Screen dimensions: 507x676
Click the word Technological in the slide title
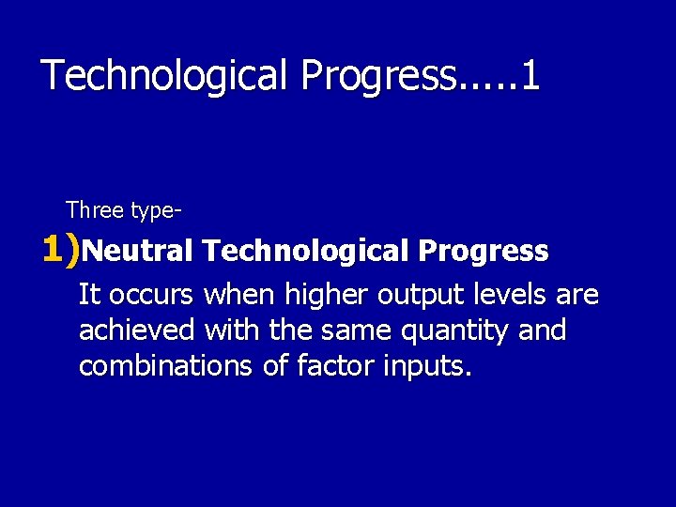165,76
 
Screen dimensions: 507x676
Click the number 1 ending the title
530,75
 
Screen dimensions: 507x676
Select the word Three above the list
95,210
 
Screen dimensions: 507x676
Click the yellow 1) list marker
62,250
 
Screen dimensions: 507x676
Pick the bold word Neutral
138,252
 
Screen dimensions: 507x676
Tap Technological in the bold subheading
305,252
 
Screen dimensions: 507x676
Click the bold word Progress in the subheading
484,252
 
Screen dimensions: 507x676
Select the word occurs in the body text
151,296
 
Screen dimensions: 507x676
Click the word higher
327,296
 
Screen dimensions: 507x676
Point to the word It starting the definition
89,296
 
